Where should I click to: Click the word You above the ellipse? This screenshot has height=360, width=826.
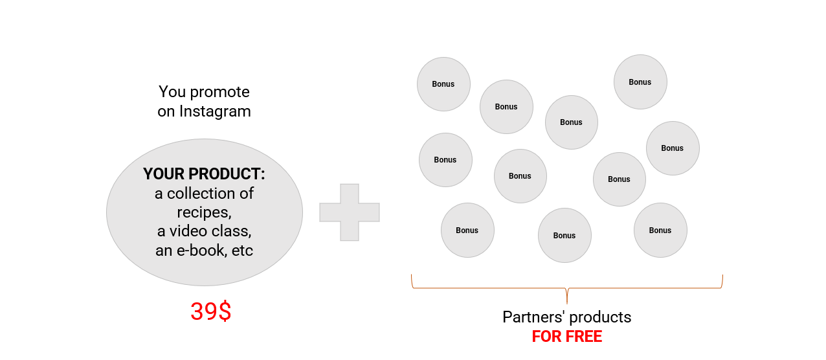(x=172, y=92)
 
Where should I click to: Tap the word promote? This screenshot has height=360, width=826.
(x=219, y=93)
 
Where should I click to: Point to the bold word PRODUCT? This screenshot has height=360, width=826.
(x=232, y=174)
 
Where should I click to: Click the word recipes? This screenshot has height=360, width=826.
(x=203, y=212)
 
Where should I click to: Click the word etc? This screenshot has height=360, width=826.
(x=242, y=250)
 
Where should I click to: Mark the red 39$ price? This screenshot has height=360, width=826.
(x=210, y=312)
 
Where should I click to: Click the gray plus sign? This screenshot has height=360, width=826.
(x=350, y=212)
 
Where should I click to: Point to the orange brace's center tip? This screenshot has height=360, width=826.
(x=567, y=300)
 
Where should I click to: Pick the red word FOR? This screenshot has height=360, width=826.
(x=545, y=337)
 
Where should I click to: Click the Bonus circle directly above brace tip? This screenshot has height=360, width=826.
(x=564, y=235)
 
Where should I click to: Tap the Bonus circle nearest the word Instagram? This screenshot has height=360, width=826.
(x=443, y=84)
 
